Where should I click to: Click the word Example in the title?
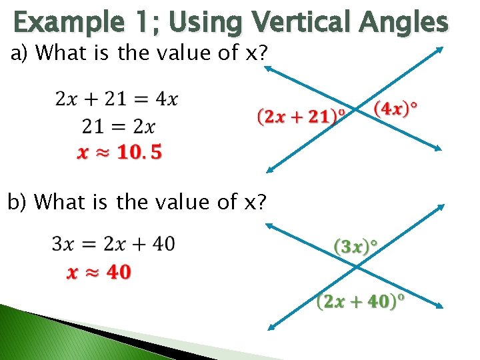tap(65, 22)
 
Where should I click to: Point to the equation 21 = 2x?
tap(118, 126)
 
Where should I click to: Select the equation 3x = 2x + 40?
tap(113, 244)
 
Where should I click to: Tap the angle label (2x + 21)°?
tap(301, 117)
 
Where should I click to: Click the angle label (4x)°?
tap(397, 108)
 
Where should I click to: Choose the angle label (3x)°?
tap(355, 247)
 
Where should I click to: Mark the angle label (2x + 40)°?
tap(361, 301)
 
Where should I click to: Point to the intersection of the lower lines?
tap(355, 267)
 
